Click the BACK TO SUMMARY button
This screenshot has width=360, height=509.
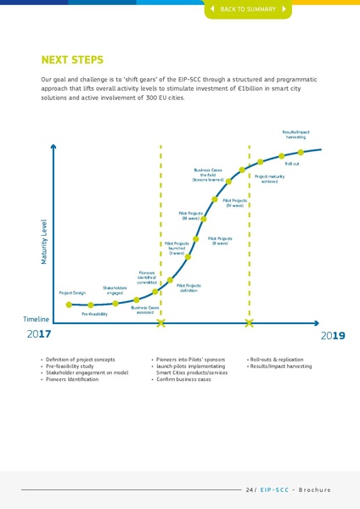[248, 8]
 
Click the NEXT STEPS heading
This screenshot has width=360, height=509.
[72, 60]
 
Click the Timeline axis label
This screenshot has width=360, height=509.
[36, 319]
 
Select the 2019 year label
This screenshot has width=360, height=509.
[332, 336]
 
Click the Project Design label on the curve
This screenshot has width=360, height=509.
[72, 293]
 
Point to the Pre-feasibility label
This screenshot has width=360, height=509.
[94, 314]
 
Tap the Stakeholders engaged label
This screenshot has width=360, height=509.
[115, 290]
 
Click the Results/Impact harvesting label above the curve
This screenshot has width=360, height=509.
[296, 134]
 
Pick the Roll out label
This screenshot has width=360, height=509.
[291, 163]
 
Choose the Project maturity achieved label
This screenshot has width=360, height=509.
[269, 179]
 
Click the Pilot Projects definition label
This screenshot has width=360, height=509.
[188, 288]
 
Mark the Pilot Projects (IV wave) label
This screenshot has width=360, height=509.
[235, 203]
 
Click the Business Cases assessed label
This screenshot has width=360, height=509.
[145, 310]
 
